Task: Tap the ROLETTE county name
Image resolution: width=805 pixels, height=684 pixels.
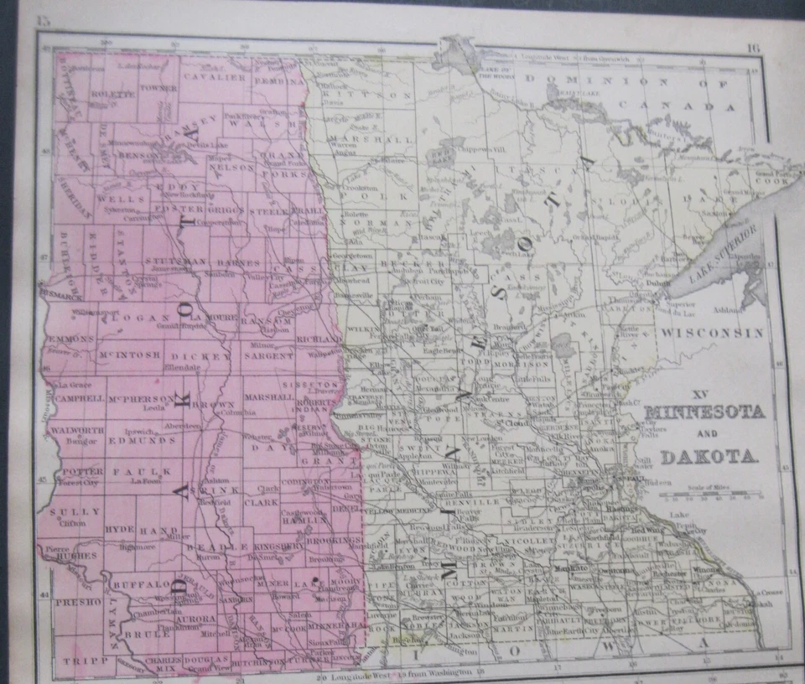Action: pos(112,94)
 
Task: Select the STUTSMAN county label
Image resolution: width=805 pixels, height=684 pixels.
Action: pos(174,261)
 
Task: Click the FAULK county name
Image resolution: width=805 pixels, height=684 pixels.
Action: pos(152,471)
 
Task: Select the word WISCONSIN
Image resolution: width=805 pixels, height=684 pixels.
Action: pos(711,333)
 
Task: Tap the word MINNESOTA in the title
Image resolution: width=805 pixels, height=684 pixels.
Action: pos(704,412)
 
